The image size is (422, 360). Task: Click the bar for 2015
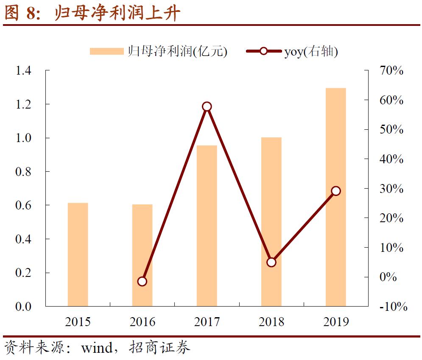78,254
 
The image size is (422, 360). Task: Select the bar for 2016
142,255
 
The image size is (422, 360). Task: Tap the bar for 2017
207,226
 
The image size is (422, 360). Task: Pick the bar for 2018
271,221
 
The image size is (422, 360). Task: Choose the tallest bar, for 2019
336,197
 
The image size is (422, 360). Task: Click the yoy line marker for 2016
142,281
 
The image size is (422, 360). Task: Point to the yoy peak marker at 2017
207,106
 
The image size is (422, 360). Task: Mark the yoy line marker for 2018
271,262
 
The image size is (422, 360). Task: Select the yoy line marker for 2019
336,191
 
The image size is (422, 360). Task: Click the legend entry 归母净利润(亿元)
159,51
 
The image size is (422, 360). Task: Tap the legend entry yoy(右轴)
292,51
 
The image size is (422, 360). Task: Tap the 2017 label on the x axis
207,322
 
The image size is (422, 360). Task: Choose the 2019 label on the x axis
336,322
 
